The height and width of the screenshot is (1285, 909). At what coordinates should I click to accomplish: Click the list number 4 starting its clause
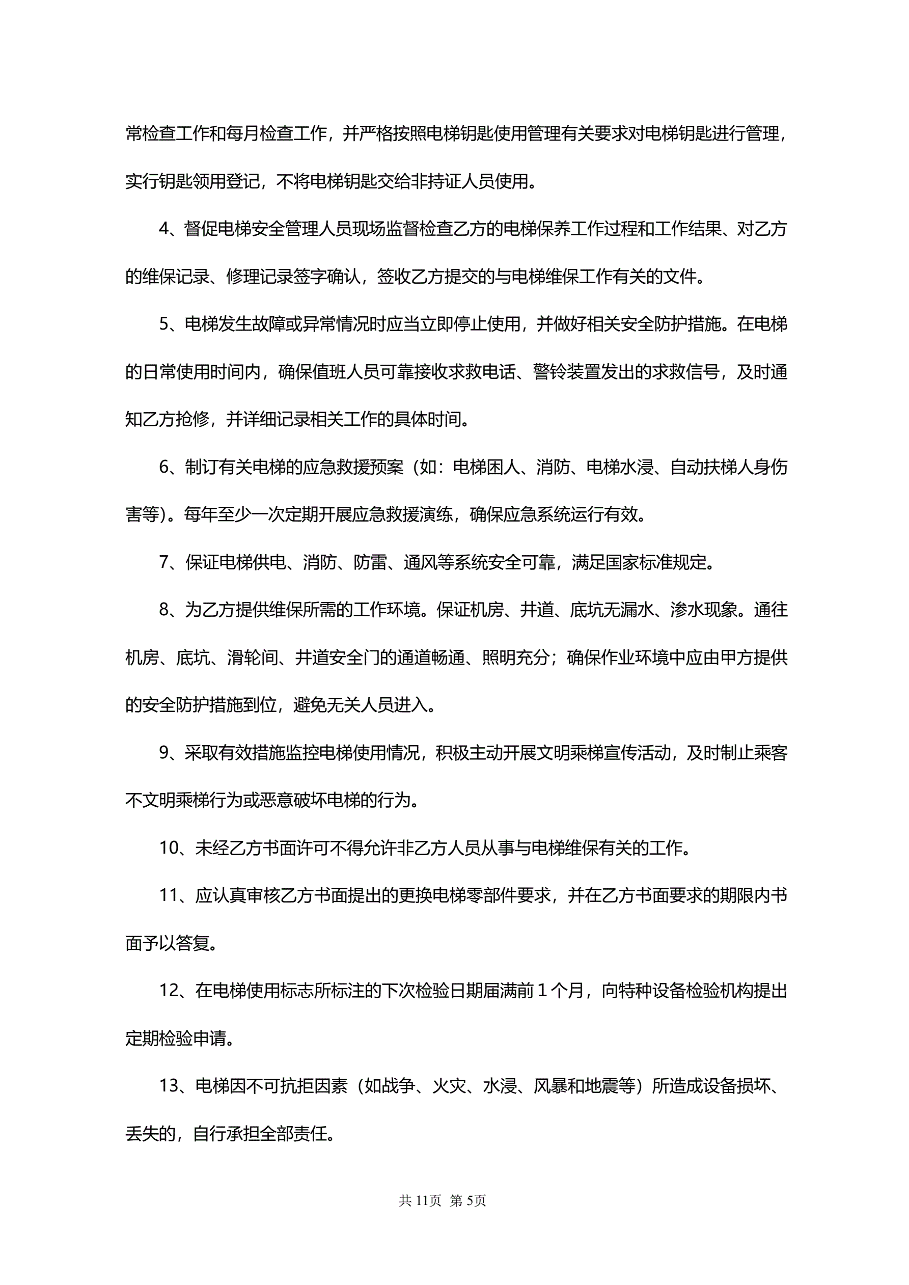point(164,229)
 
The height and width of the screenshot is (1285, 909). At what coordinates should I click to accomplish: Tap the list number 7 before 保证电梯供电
point(164,562)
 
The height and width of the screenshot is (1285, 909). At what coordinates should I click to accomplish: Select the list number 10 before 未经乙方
point(168,848)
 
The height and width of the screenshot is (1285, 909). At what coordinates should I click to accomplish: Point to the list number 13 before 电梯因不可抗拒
point(168,1086)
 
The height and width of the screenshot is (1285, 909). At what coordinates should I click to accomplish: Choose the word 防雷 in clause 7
point(370,562)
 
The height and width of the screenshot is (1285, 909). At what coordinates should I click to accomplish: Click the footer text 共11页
point(420,1200)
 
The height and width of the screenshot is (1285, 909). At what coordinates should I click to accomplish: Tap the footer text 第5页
point(468,1200)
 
